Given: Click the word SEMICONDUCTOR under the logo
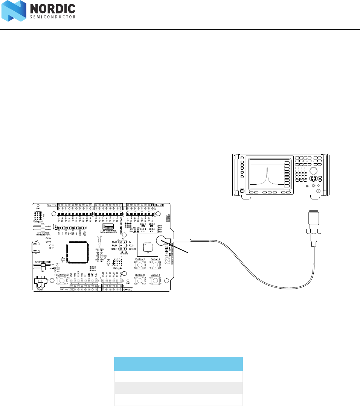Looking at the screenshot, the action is tap(52, 17).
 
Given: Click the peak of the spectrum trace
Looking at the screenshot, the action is tap(266, 169).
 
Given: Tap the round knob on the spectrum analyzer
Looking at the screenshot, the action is tap(313, 170).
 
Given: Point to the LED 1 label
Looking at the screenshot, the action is tap(143, 224).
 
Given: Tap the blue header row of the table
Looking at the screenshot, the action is tap(178, 364).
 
